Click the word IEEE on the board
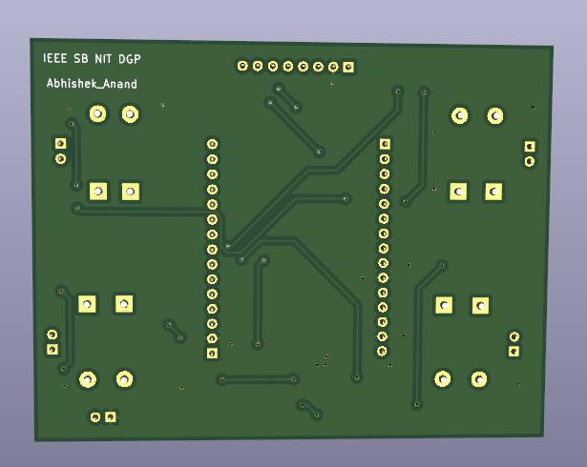tap(54, 59)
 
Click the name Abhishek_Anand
tap(92, 84)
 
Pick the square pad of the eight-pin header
tap(348, 67)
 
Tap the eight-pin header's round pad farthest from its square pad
tap(242, 66)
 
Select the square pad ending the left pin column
tap(212, 354)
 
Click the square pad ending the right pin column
tap(385, 145)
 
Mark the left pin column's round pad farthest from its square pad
tap(212, 145)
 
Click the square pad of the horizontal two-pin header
tap(112, 416)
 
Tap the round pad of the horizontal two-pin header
tap(95, 416)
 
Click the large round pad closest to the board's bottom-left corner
tap(88, 379)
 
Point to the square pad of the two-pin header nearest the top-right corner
tap(530, 147)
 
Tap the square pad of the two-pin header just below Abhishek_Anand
tap(61, 143)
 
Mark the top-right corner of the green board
tap(551, 48)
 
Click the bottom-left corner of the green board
tap(36, 440)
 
